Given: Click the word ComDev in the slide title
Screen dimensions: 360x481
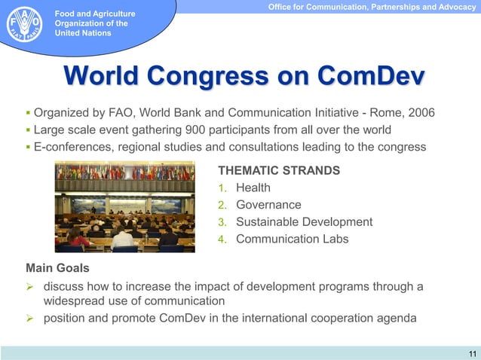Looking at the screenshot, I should click(370, 76).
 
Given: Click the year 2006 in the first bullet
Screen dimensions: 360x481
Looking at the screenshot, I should click(420, 113).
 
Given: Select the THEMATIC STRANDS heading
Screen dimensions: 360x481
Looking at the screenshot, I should click(278, 170).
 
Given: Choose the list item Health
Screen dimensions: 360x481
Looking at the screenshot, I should click(253, 188).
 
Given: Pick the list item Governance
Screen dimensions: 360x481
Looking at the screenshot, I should click(268, 205).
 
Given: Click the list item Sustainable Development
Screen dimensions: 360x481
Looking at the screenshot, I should click(304, 221).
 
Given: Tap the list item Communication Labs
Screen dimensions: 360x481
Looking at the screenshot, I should click(292, 239).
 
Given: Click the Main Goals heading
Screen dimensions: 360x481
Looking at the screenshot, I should click(57, 267).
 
